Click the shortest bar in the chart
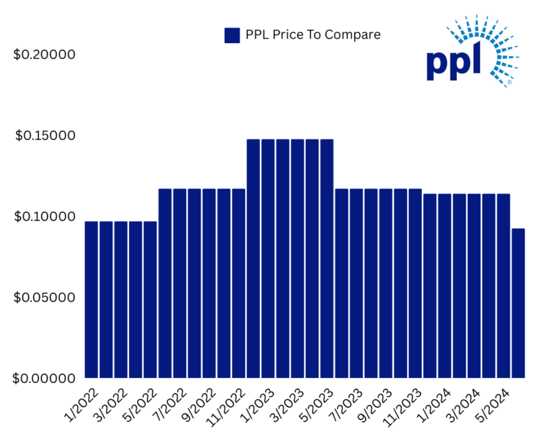click(x=518, y=304)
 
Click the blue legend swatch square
click(x=232, y=35)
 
